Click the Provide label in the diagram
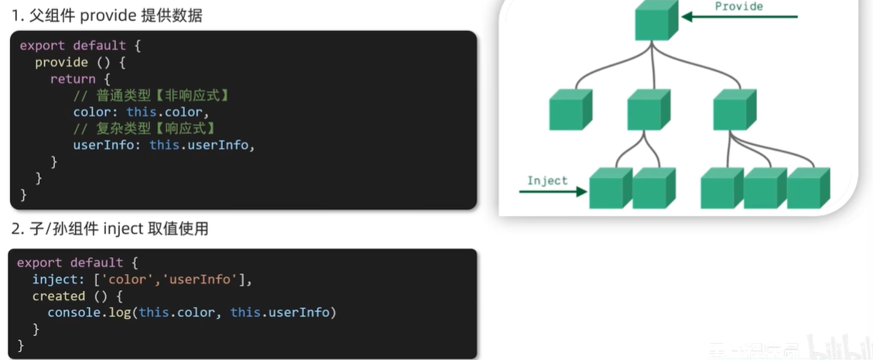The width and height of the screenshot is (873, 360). click(x=738, y=7)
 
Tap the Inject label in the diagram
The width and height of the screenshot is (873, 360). click(x=547, y=180)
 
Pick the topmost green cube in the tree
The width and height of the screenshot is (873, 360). click(x=656, y=21)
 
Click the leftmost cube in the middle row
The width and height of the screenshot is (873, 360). click(x=570, y=109)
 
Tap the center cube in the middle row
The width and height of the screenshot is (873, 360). click(x=649, y=109)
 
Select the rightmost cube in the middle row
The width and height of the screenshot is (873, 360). click(x=734, y=109)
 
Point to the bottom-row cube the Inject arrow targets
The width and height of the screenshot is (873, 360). click(x=610, y=188)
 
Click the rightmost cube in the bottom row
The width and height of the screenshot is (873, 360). click(x=808, y=188)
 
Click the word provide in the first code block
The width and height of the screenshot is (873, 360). click(x=61, y=62)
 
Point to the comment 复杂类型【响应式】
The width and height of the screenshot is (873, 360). click(x=145, y=128)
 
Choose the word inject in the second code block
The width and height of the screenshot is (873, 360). click(x=55, y=279)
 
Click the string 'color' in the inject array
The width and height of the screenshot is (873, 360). click(x=128, y=279)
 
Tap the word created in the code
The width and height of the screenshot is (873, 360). click(x=58, y=296)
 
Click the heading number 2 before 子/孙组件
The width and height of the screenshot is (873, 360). click(x=15, y=229)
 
